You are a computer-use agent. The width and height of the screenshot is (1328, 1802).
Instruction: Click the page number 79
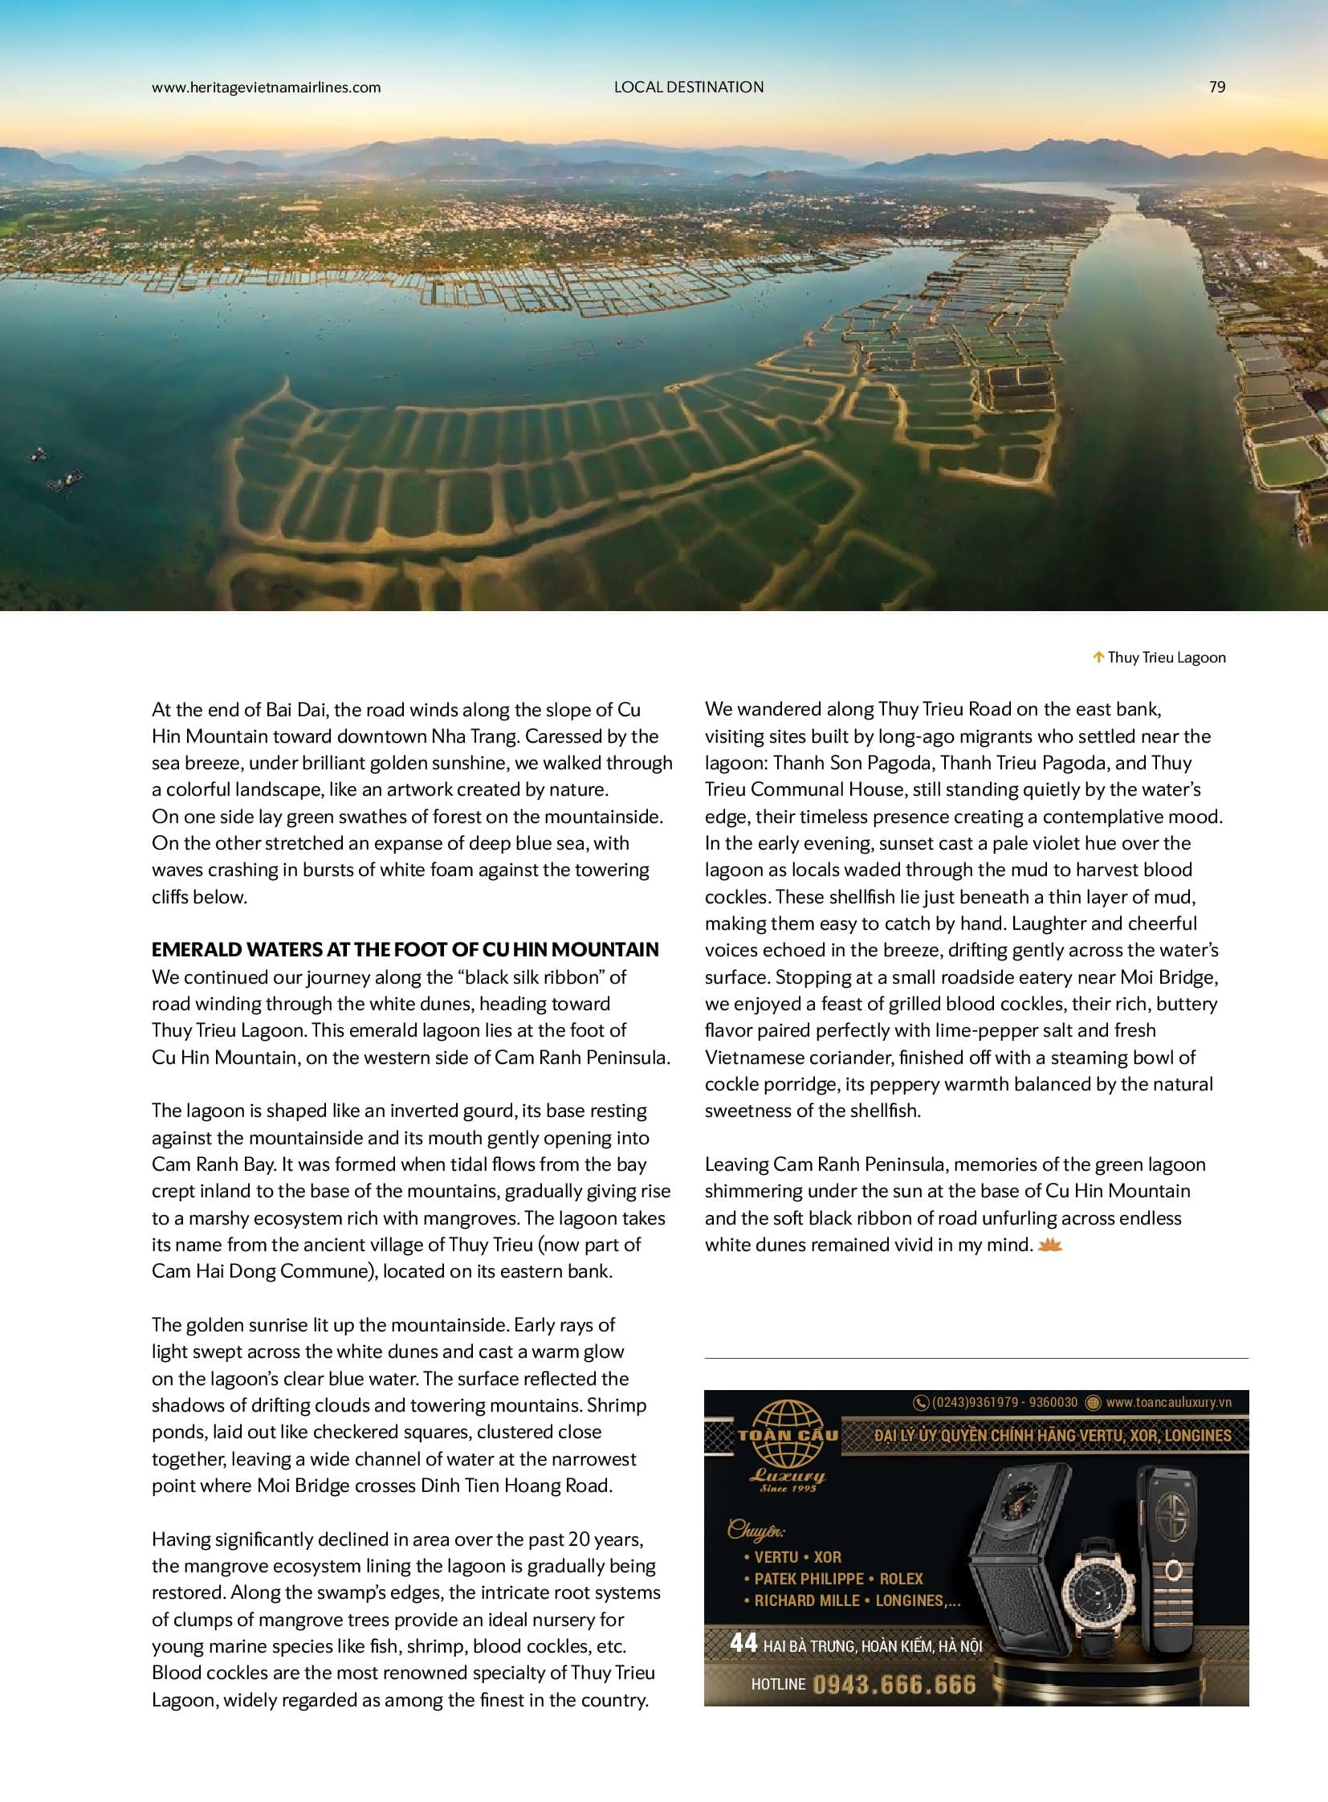pos(1217,87)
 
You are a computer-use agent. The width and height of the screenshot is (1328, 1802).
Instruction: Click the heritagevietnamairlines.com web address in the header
pos(266,87)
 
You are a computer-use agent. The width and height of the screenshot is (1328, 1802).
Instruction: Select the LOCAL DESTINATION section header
pos(689,87)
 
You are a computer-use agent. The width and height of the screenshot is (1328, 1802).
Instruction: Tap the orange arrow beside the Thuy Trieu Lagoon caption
pos(1098,657)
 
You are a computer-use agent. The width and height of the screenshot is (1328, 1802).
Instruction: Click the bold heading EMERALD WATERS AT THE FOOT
pos(405,950)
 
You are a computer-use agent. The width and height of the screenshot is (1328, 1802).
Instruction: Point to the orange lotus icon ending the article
pos(1051,1245)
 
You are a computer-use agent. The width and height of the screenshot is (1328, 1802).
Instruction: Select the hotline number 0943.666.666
pos(894,1684)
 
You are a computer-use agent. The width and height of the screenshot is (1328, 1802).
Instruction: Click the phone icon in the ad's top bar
pos(921,1403)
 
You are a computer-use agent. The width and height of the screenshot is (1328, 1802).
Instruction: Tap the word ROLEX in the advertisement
pos(901,1579)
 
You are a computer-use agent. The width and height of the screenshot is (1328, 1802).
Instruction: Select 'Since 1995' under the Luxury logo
pos(788,1487)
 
